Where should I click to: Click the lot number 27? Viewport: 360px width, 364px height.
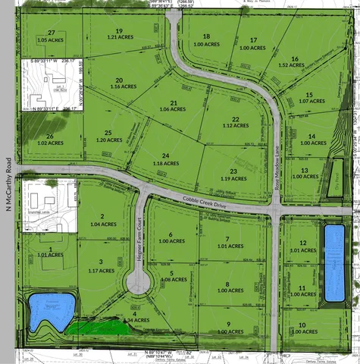(52, 33)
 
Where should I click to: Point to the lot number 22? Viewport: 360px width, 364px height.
(236, 119)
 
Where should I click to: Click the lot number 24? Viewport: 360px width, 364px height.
(164, 155)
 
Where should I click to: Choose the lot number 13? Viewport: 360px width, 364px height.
(305, 170)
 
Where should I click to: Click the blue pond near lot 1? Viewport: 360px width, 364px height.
(48, 310)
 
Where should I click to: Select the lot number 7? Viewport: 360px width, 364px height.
(228, 239)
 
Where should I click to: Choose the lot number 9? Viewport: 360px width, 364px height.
(228, 324)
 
